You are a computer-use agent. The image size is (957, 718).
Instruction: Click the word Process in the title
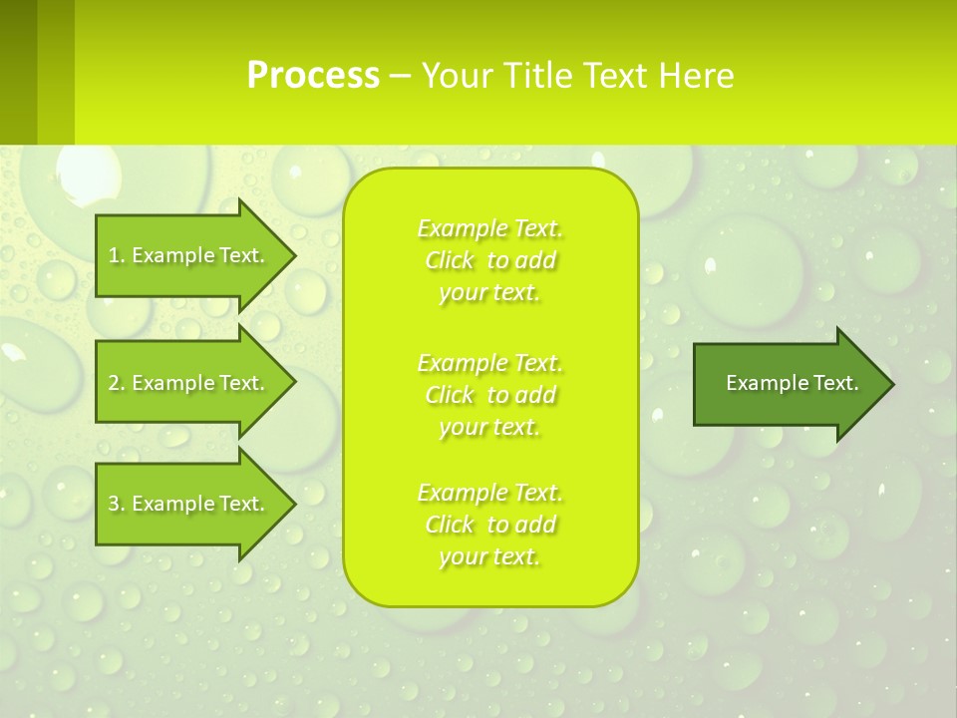pos(313,76)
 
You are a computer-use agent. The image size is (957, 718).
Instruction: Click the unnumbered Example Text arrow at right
pos(792,383)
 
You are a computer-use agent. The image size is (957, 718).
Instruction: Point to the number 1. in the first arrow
pos(117,255)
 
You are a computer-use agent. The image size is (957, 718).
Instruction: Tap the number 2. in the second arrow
pos(117,383)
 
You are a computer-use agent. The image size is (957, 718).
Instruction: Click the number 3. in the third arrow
pos(117,504)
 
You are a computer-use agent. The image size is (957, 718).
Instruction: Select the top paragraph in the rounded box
pos(490,260)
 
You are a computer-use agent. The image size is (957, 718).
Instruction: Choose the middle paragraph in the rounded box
pos(490,395)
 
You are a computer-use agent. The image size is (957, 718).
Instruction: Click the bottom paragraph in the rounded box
pos(490,525)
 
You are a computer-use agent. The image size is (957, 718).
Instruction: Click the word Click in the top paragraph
pos(450,260)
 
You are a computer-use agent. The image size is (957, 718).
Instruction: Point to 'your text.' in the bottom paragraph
pos(489,557)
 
